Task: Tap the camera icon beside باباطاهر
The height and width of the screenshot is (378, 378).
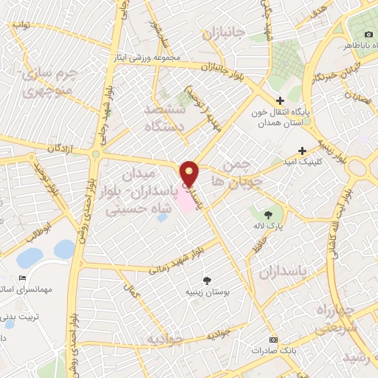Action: [x=368, y=35]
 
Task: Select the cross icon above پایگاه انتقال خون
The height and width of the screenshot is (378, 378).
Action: [x=279, y=102]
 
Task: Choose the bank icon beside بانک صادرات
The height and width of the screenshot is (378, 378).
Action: [x=274, y=340]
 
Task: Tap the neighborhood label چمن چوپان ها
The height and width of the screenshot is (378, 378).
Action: [x=236, y=171]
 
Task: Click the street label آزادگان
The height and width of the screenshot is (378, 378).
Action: [x=63, y=149]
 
